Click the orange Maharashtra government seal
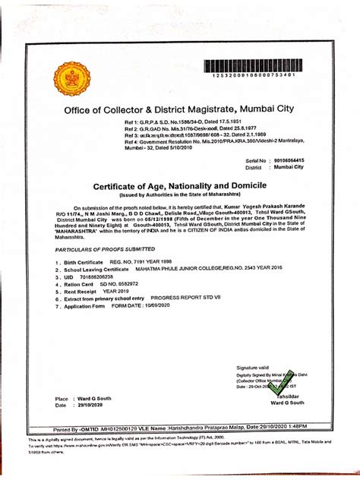[x=71, y=78]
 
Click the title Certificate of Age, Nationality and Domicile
[x=179, y=186]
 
